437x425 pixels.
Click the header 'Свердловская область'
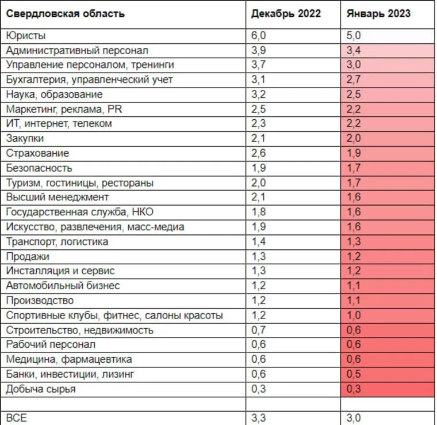click(x=65, y=13)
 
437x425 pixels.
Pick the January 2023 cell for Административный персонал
click(x=354, y=50)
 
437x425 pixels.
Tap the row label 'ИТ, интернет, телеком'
click(x=59, y=124)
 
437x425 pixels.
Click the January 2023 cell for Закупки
click(x=354, y=138)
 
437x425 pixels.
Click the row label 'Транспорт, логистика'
click(x=57, y=242)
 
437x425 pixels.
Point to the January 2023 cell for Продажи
click(x=354, y=256)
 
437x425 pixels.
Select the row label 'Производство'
click(x=40, y=301)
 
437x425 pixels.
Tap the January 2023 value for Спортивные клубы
click(x=354, y=316)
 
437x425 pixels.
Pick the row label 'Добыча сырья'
click(x=40, y=389)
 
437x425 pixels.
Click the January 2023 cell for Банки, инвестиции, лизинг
click(x=354, y=374)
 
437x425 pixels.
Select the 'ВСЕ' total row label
click(x=16, y=418)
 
